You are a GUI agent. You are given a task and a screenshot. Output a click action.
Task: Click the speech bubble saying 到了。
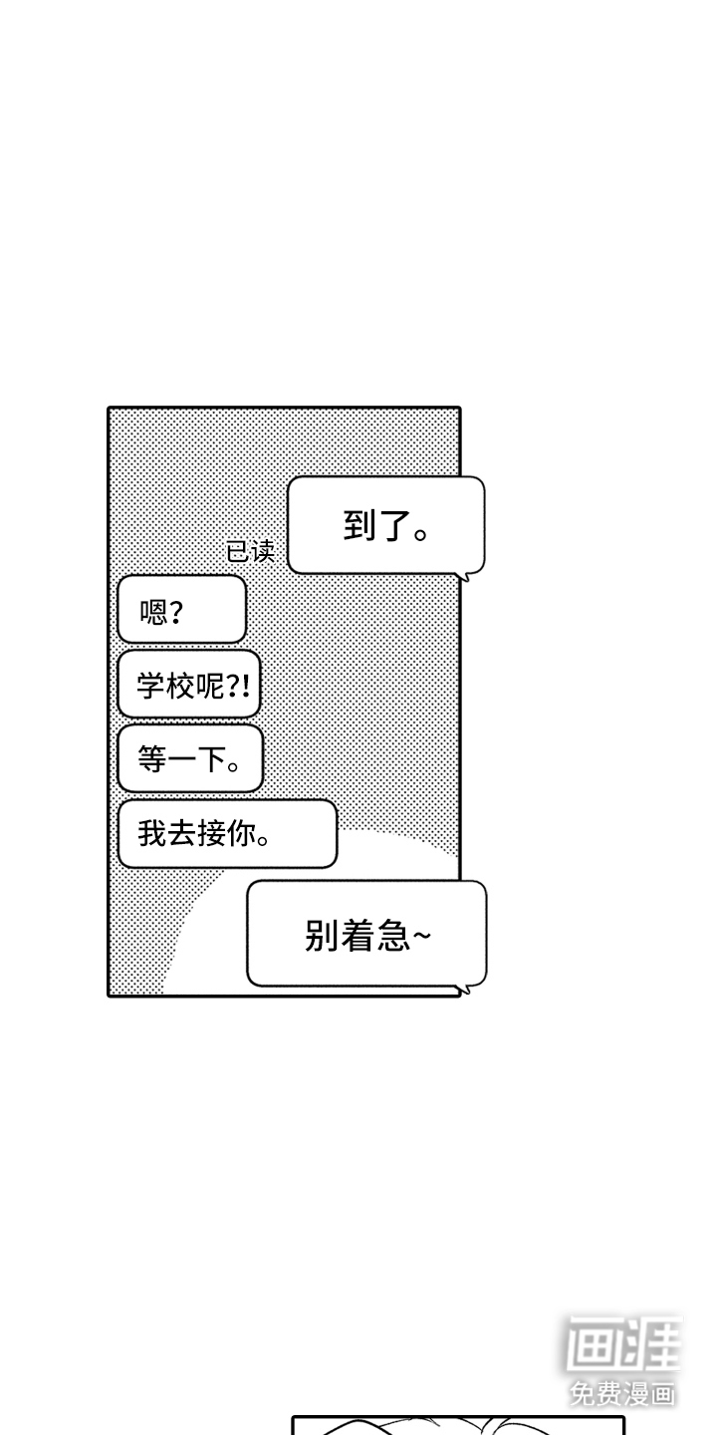(x=385, y=525)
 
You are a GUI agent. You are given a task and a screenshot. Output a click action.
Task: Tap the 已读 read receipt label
(x=250, y=551)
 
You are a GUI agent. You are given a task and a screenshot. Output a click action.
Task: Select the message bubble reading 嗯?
(x=181, y=609)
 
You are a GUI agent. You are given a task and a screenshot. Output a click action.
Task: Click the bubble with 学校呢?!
(x=188, y=685)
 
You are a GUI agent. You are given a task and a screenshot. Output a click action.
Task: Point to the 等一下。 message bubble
(x=189, y=759)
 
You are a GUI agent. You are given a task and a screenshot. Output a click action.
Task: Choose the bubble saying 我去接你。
(x=227, y=833)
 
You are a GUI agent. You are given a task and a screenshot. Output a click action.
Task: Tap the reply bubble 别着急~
(x=366, y=934)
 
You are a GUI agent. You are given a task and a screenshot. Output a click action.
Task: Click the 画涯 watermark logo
(x=623, y=1344)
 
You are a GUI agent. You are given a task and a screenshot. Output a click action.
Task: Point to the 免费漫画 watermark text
(x=622, y=1391)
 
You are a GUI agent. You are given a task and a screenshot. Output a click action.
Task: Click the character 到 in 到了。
(x=359, y=526)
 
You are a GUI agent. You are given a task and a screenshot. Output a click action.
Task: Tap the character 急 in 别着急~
(x=395, y=935)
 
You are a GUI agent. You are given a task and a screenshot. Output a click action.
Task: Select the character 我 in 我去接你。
(x=151, y=833)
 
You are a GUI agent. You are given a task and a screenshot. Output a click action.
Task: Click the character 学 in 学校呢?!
(x=150, y=686)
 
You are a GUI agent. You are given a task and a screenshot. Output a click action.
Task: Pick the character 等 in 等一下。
(x=151, y=759)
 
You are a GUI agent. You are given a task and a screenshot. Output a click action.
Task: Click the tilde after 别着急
(x=422, y=936)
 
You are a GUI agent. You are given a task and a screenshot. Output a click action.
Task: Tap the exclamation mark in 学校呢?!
(x=244, y=686)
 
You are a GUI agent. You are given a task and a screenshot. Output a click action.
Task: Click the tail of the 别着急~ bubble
(x=462, y=990)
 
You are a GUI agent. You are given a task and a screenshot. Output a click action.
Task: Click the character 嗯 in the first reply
(x=153, y=610)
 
